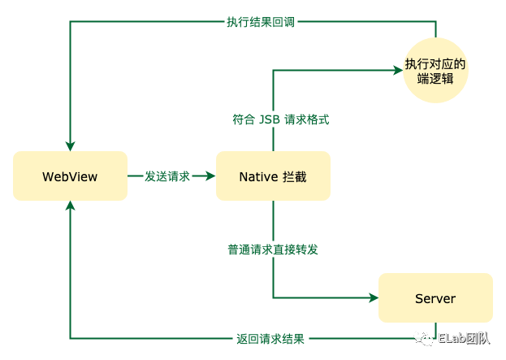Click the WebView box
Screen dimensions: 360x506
pos(70,176)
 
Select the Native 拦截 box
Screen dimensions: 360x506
pos(273,176)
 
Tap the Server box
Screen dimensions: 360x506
pos(435,298)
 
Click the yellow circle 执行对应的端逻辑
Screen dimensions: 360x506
pos(436,72)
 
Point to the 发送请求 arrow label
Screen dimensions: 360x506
pos(167,176)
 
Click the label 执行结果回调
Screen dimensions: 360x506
pos(262,22)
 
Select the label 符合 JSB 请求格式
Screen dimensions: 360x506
pos(280,119)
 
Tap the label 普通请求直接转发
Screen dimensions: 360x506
pos(273,249)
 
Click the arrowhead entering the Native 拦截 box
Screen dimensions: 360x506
pos(211,176)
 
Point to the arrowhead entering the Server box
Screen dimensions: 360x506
pos(374,298)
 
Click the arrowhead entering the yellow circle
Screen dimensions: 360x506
pos(398,72)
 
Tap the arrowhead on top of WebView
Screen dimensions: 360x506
pos(71,146)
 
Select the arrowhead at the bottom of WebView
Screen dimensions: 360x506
pos(71,206)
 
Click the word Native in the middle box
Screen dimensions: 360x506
pos(258,176)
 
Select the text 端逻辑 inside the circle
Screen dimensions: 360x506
pos(436,80)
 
